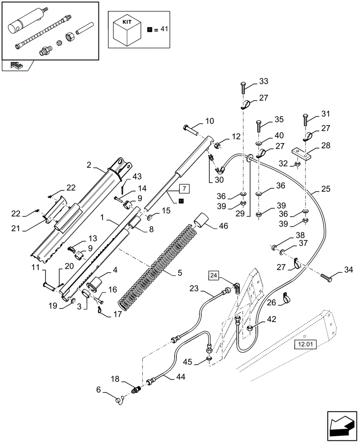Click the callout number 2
pos(89,165)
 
